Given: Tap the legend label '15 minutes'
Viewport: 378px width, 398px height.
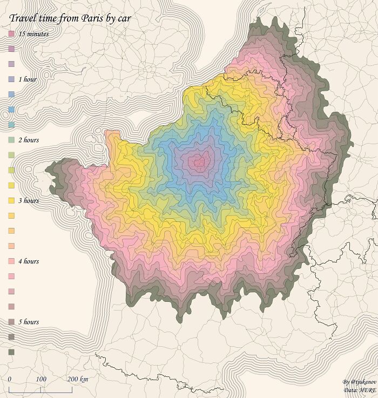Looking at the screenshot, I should point(33,34).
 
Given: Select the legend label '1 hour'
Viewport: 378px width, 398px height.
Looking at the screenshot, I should point(28,79).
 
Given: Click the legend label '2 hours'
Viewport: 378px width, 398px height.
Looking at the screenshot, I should point(29,140).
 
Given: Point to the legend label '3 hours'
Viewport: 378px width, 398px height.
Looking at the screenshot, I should point(29,200).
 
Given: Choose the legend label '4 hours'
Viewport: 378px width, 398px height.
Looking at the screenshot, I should point(29,261).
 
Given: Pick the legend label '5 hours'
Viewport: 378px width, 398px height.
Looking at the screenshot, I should point(29,322).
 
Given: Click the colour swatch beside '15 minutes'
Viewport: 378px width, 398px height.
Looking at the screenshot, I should point(11,34).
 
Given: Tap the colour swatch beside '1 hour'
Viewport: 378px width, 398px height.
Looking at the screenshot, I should point(11,79).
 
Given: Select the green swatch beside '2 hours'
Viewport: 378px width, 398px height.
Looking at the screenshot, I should point(11,140).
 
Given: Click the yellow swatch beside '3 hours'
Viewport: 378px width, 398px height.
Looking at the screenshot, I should point(11,200).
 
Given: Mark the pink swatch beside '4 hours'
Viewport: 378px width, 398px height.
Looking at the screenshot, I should point(11,261).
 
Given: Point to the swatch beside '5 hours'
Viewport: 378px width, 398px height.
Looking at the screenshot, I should point(11,322).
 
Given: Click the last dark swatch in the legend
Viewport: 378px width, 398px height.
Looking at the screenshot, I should point(11,352).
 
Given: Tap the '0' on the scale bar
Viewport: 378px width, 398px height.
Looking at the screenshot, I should point(10,379).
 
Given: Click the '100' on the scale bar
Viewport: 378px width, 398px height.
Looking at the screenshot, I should point(41,379).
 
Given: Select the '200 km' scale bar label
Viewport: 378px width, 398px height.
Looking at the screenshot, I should point(78,379).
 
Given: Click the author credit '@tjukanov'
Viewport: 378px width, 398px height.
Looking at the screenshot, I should point(359,382).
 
